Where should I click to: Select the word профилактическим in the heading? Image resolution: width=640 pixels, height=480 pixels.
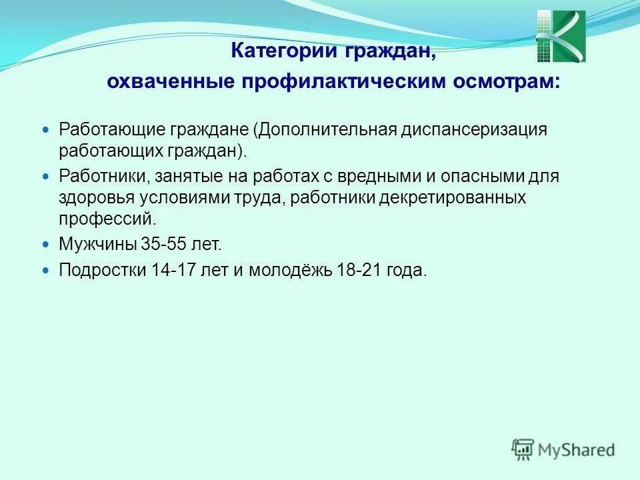pos(345,82)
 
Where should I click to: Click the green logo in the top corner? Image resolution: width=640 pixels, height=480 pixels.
pos(561,36)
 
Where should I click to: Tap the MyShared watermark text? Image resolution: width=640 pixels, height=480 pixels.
pos(577,450)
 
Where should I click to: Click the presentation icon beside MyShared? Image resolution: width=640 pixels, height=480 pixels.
pos(523,449)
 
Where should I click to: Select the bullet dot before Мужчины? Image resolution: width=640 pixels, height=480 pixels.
pos(46,245)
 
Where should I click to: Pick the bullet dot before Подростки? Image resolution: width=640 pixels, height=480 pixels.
pos(46,271)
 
